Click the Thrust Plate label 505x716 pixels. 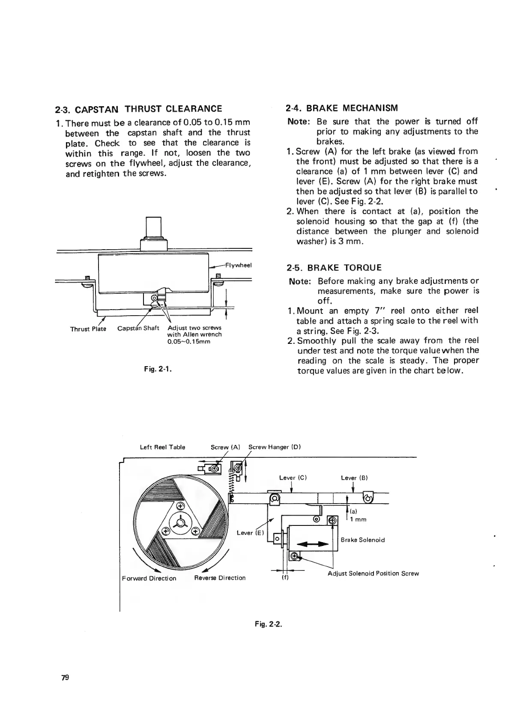[x=88, y=329]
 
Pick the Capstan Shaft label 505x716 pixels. [x=138, y=328]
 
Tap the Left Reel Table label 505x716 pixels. [x=163, y=447]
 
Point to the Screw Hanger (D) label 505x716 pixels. [x=275, y=447]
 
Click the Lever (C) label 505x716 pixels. [x=293, y=477]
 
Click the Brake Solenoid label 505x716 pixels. [x=363, y=540]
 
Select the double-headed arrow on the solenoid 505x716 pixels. [x=313, y=544]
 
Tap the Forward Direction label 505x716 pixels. [x=149, y=579]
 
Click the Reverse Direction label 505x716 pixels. [x=220, y=578]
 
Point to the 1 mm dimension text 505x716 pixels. [x=358, y=520]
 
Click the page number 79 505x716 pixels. [x=65, y=677]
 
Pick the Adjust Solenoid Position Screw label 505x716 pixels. [x=373, y=573]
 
